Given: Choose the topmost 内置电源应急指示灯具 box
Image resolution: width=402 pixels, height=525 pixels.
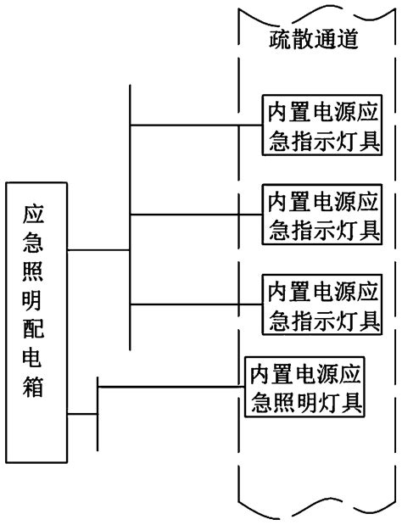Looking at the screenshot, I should click(x=320, y=125).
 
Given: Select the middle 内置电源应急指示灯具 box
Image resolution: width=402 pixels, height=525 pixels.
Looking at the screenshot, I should click(x=320, y=215).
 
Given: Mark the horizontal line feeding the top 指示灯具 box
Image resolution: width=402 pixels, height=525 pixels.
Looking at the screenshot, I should click(x=195, y=125).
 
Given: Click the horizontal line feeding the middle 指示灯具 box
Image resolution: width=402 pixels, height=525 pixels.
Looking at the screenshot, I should click(x=195, y=215).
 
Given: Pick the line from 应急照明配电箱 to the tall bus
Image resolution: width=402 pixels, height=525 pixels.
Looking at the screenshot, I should click(x=98, y=251).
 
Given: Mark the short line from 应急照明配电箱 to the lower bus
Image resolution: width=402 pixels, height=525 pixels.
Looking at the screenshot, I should click(x=83, y=415).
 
